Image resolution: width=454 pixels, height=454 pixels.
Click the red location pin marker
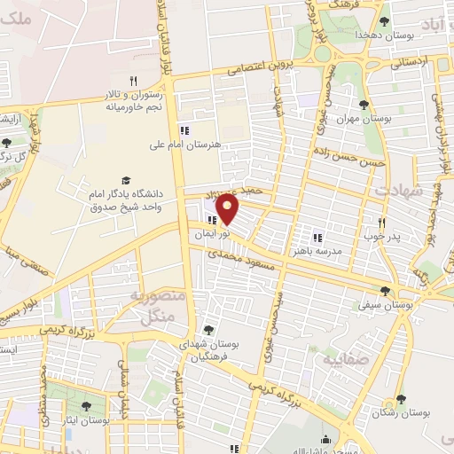(x=228, y=207)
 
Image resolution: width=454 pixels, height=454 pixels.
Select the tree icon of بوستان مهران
(x=364, y=104)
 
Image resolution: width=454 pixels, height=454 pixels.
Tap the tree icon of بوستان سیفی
(x=385, y=290)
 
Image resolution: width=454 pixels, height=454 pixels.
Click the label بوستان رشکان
(x=400, y=413)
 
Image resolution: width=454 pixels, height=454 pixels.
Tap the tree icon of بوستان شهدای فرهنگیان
(x=208, y=329)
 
